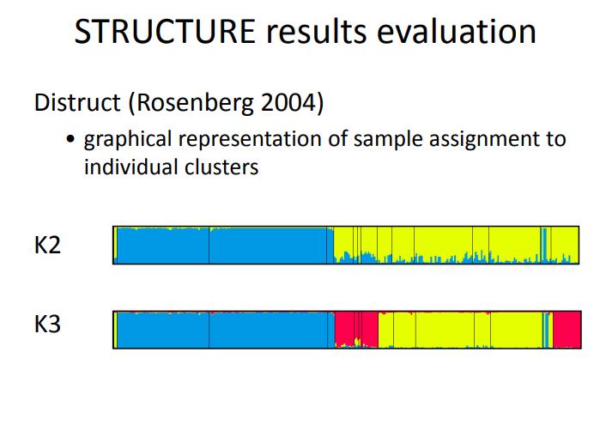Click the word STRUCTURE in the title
point(165,32)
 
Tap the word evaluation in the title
point(457,32)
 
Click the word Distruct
point(77,103)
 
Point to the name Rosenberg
point(195,103)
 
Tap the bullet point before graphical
point(70,138)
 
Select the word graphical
point(128,139)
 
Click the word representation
point(250,139)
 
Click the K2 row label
point(47,246)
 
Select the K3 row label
point(47,325)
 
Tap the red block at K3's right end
point(567,330)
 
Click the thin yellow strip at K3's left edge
point(115,330)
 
